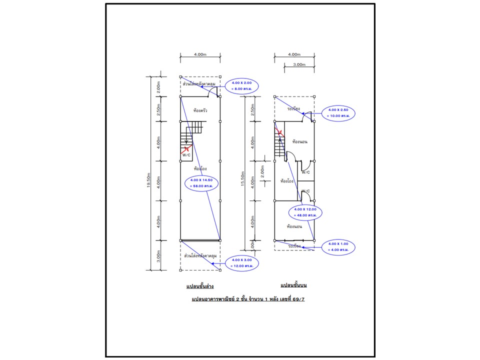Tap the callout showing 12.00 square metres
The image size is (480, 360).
(x=242, y=262)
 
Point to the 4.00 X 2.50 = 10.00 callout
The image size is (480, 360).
(x=338, y=112)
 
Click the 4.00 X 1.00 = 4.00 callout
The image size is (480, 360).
(x=338, y=246)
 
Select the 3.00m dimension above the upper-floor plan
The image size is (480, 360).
(x=298, y=64)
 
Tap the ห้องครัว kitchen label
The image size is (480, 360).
(x=199, y=110)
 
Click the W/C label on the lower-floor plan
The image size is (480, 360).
(x=186, y=155)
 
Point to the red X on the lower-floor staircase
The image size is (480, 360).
(x=186, y=148)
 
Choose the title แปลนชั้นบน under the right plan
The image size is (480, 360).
(x=293, y=285)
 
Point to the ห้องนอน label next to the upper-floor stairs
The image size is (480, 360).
(x=299, y=141)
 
